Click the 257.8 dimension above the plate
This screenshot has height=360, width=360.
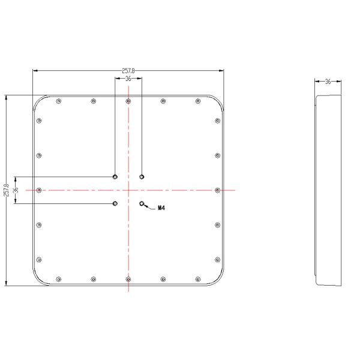128,71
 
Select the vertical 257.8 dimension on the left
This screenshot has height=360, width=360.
6,190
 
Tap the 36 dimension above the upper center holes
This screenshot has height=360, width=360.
128,79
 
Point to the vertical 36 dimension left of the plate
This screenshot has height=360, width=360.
16,190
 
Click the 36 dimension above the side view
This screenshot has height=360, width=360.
328,81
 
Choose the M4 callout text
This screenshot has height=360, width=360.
161,208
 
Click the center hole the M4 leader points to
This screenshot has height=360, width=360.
142,204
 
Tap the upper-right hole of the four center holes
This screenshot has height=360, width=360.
142,176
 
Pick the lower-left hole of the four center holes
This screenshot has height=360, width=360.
115,204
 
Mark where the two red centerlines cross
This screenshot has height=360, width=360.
128,190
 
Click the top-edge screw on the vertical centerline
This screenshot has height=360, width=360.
128,101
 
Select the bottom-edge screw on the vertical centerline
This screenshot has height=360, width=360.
128,279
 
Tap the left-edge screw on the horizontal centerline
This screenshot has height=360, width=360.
39,190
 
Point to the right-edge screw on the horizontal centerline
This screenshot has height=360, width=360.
217,190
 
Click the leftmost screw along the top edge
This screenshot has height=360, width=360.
58,101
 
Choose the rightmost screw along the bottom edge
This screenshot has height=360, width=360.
198,279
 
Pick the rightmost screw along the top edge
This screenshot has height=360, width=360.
198,101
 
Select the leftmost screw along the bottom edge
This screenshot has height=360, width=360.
58,279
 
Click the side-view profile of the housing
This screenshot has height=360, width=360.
328,190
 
